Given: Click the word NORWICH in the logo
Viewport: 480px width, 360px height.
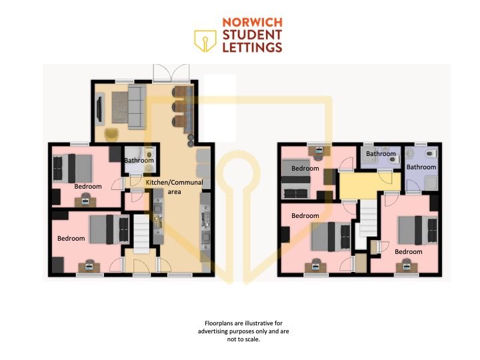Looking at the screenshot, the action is (252, 23).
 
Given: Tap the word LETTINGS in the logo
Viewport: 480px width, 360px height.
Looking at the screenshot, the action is (252, 47).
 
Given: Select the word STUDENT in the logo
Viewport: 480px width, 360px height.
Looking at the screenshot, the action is (252, 35).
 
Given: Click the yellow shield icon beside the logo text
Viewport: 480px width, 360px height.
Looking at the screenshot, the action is (205, 41).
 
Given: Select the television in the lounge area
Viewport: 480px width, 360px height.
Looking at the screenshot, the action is (99, 109).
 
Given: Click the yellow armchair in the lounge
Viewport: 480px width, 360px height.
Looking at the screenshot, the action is (111, 135).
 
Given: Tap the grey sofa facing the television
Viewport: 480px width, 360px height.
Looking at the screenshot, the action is (137, 106).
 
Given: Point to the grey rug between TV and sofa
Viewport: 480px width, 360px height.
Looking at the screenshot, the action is (120, 107).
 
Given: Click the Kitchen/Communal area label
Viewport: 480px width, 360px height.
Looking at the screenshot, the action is (174, 187).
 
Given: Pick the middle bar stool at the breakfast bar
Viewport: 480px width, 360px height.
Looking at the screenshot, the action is (177, 107).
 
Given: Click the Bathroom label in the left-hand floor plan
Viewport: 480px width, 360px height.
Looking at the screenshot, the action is (139, 161).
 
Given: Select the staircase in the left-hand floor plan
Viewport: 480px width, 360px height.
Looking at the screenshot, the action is (141, 233).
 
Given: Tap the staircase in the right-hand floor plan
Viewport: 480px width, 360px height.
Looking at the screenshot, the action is (368, 218).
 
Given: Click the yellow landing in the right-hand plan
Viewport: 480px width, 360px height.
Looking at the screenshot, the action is (370, 185).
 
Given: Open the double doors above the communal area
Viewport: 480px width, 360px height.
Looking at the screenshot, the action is (171, 73).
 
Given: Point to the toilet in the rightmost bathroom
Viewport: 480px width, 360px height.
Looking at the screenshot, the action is (431, 154).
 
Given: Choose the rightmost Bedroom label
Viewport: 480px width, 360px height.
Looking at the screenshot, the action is (409, 251).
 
